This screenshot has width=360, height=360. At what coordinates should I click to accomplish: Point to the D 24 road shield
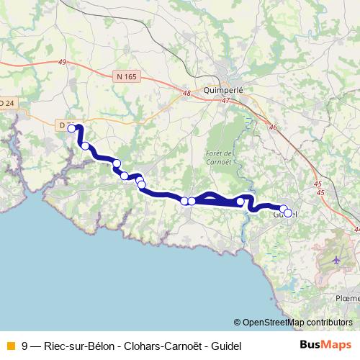coord(6,103)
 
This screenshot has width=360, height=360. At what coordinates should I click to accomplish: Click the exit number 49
coord(62,63)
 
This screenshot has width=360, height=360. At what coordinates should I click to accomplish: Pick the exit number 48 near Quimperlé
coord(186,93)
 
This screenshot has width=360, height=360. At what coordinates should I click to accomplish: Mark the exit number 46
coord(272,127)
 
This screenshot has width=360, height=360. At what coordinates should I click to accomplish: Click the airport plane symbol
coord(337,258)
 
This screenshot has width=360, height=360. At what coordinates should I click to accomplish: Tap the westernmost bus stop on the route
coord(72,129)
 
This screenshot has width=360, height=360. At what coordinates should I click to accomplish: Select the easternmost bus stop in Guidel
coord(288,213)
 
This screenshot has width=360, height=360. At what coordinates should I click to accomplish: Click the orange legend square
coord(10,345)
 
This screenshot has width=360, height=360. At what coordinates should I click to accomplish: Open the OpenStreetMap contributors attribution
coord(297,322)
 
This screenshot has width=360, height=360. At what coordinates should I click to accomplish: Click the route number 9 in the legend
coord(25,345)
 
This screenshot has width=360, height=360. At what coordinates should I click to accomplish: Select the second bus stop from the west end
coord(86,146)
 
